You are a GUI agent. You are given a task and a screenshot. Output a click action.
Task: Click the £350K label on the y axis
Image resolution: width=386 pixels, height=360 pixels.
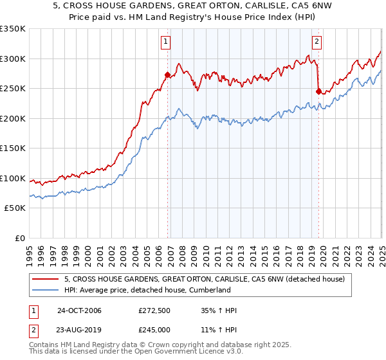[12, 29]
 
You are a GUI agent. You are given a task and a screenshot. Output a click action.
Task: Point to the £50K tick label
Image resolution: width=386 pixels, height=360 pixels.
[14, 208]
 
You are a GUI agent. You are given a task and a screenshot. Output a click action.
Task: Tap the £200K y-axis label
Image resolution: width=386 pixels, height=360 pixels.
[12, 118]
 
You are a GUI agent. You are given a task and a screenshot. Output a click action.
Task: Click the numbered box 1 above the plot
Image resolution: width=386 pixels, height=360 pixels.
[165, 42]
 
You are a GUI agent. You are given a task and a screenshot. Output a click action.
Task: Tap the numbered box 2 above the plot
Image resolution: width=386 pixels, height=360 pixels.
[317, 42]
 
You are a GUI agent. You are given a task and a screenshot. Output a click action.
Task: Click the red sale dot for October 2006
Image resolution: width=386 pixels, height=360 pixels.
[167, 75]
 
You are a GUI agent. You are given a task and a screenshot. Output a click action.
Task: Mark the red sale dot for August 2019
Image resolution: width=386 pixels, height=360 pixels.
[318, 91]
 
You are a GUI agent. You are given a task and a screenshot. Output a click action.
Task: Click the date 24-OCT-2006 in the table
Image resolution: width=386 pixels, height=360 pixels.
[79, 310]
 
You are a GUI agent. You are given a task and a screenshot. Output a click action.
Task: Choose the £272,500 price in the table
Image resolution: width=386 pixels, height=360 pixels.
[154, 310]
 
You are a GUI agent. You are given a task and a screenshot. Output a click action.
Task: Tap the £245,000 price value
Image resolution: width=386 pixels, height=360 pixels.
[154, 330]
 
